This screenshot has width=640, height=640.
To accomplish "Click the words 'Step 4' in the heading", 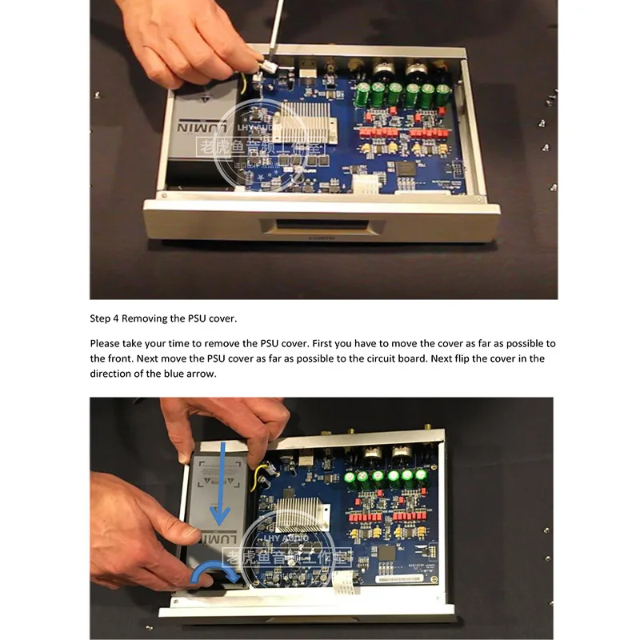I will pyautogui.click(x=106, y=319).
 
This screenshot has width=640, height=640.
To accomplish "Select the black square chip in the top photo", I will pyautogui.click(x=406, y=167).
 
